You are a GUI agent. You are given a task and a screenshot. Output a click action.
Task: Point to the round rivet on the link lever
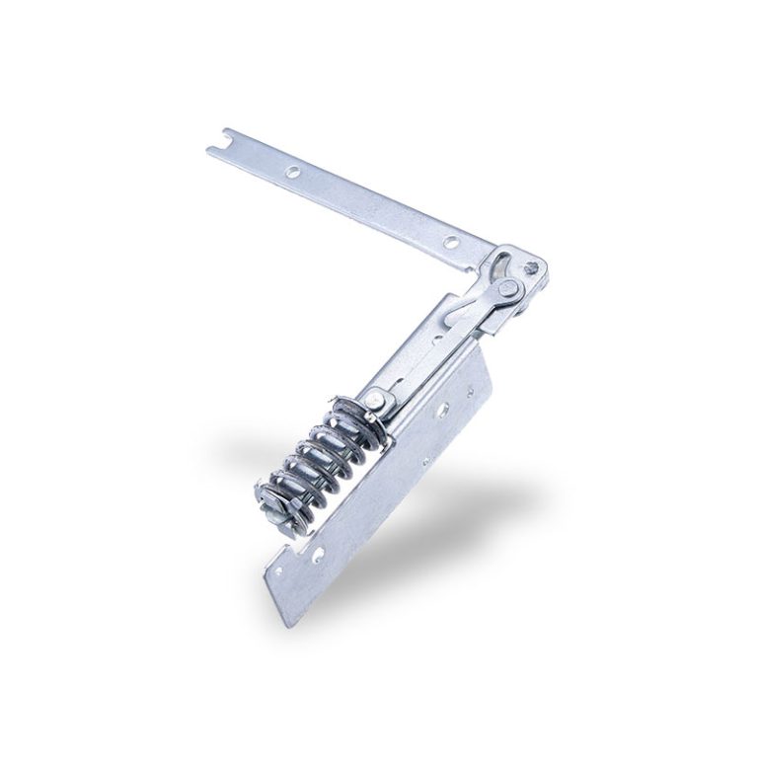coord(509,289)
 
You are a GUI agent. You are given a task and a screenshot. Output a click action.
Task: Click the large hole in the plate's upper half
coord(448,405)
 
